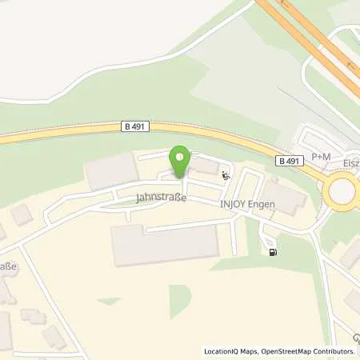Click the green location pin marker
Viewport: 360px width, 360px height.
[x=180, y=160]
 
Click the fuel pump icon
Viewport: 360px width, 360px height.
[x=274, y=253]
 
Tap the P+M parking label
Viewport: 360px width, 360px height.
[x=322, y=157]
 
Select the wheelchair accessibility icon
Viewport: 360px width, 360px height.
[x=226, y=176]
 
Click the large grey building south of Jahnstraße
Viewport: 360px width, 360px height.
[x=164, y=244]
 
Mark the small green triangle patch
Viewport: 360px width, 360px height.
[x=109, y=302]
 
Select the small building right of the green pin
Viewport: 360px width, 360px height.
[x=207, y=166]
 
